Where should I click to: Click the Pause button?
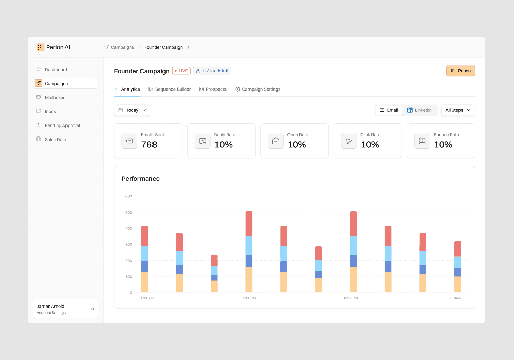coord(461,71)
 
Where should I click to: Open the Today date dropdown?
coord(132,110)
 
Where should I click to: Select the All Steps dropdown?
coord(458,110)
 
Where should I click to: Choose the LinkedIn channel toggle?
coord(420,110)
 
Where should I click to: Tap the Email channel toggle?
coord(389,110)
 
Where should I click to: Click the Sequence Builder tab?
coord(170,89)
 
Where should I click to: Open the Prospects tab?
coord(213,89)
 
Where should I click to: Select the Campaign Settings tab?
coord(258,89)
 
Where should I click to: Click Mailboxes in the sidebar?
coord(55,98)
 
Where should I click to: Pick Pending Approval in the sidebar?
coord(62,125)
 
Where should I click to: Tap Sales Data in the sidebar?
coord(56,140)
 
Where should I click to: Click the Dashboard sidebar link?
coord(56,70)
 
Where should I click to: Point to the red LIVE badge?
coord(181,71)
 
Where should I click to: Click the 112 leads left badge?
coord(212,71)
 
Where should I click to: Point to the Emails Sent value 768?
coord(149,145)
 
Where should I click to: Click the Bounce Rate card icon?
coord(422,141)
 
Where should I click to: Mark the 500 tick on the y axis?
coord(128,213)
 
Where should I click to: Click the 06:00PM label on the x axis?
coord(350,298)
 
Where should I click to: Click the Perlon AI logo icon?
coord(40,47)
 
